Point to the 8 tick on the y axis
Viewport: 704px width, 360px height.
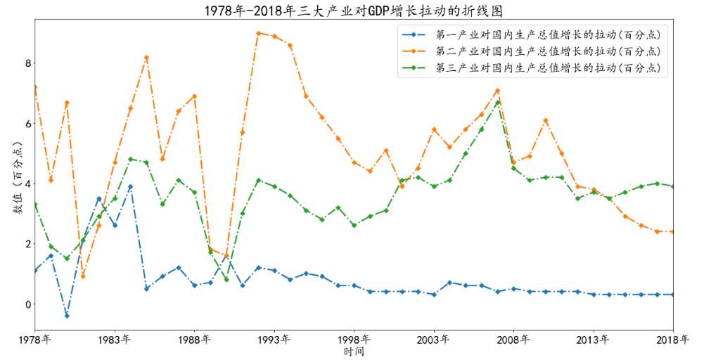click(28, 63)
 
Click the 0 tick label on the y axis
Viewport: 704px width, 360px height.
click(28, 304)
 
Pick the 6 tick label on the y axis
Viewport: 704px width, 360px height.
click(28, 124)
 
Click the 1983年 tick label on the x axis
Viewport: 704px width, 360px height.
click(115, 340)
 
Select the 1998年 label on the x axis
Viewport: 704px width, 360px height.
click(354, 340)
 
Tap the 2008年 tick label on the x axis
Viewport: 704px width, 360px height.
click(513, 340)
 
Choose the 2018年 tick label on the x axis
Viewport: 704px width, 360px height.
click(672, 340)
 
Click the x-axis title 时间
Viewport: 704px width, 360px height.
click(354, 352)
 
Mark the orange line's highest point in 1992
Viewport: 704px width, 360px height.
click(258, 33)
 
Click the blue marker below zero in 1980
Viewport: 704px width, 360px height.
click(67, 316)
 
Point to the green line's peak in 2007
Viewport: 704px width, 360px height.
click(497, 103)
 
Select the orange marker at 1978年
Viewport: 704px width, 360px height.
click(35, 87)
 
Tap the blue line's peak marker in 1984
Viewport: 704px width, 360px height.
click(131, 187)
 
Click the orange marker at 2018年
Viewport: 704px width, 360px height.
click(673, 231)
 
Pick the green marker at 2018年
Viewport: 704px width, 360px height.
click(673, 186)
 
